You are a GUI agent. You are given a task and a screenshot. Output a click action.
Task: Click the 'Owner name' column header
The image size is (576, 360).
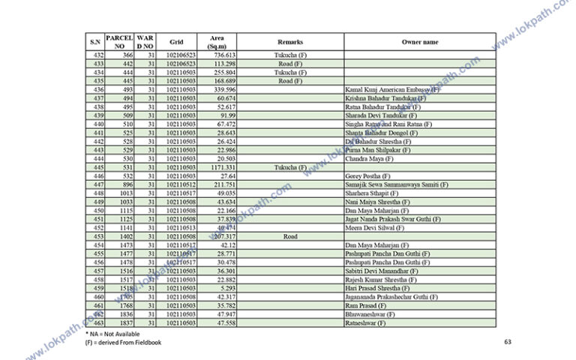[420, 42]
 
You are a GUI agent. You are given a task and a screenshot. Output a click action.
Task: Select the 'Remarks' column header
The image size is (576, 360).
[290, 42]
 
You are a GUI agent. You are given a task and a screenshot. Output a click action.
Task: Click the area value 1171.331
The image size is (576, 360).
[224, 167]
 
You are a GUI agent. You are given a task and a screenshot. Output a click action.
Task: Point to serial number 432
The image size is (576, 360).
[97, 55]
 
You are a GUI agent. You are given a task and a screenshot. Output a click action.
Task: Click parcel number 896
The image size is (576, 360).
[127, 184]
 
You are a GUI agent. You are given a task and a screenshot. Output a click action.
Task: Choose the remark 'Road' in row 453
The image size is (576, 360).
[290, 236]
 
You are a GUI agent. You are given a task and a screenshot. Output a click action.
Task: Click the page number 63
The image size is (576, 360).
[508, 342]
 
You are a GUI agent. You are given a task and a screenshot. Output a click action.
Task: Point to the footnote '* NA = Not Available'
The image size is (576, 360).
[112, 333]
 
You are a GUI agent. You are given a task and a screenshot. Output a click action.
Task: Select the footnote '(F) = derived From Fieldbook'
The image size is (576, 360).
[123, 342]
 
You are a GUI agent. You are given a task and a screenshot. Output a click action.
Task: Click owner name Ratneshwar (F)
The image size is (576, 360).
[365, 322]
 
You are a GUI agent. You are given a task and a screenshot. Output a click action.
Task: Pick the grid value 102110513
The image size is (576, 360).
[181, 228]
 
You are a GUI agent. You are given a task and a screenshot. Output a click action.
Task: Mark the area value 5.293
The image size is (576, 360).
[228, 288]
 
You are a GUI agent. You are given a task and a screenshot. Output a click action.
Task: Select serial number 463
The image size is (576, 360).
[97, 322]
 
